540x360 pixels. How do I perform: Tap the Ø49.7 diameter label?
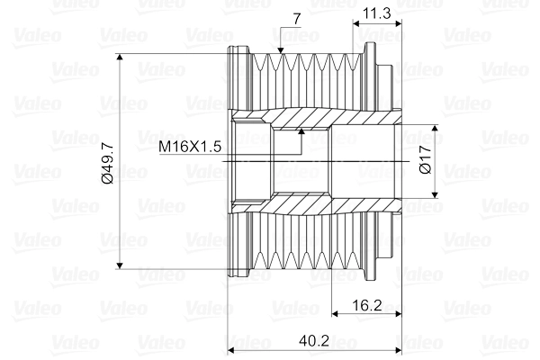pos(107,162)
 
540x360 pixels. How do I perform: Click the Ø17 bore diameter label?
pos(427,161)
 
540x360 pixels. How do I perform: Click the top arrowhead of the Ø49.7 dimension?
pos(121,58)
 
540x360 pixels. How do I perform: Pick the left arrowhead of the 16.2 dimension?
pos(335,314)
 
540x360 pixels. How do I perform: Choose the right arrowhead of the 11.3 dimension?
pos(395,24)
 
